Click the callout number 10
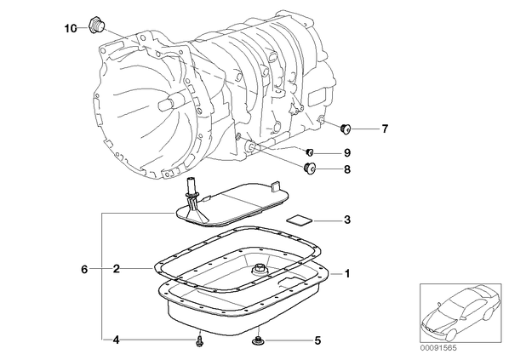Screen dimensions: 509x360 [x=71, y=29]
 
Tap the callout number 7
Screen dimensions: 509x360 [x=385, y=129]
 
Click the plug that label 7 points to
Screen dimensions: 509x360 [x=346, y=129]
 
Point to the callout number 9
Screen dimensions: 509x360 [x=347, y=152]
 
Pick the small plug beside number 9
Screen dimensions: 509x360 [x=310, y=151]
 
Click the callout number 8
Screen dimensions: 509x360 [x=347, y=169]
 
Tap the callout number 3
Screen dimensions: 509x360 [x=347, y=220]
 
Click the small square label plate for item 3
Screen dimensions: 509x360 [x=300, y=220]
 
